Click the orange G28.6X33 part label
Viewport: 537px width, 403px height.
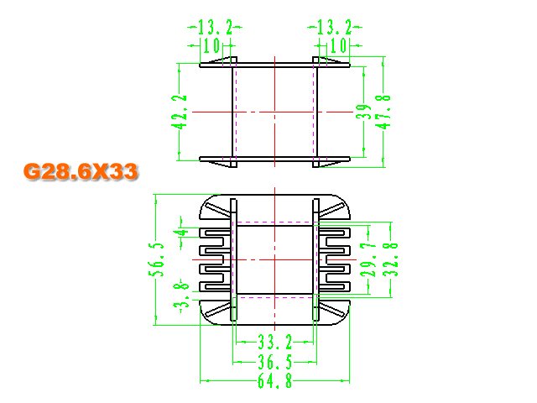point(81,171)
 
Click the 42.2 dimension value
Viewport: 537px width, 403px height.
point(179,112)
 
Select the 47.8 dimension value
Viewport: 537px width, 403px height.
point(383,112)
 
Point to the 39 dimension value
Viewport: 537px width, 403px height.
point(363,112)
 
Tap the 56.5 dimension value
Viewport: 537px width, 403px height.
point(156,259)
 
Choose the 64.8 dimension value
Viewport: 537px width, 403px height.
point(275,380)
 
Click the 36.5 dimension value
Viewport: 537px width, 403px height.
point(275,362)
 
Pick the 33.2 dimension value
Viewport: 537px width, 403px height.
point(275,342)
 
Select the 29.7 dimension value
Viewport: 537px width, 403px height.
point(368,259)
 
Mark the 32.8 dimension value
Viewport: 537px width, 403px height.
point(390,259)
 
